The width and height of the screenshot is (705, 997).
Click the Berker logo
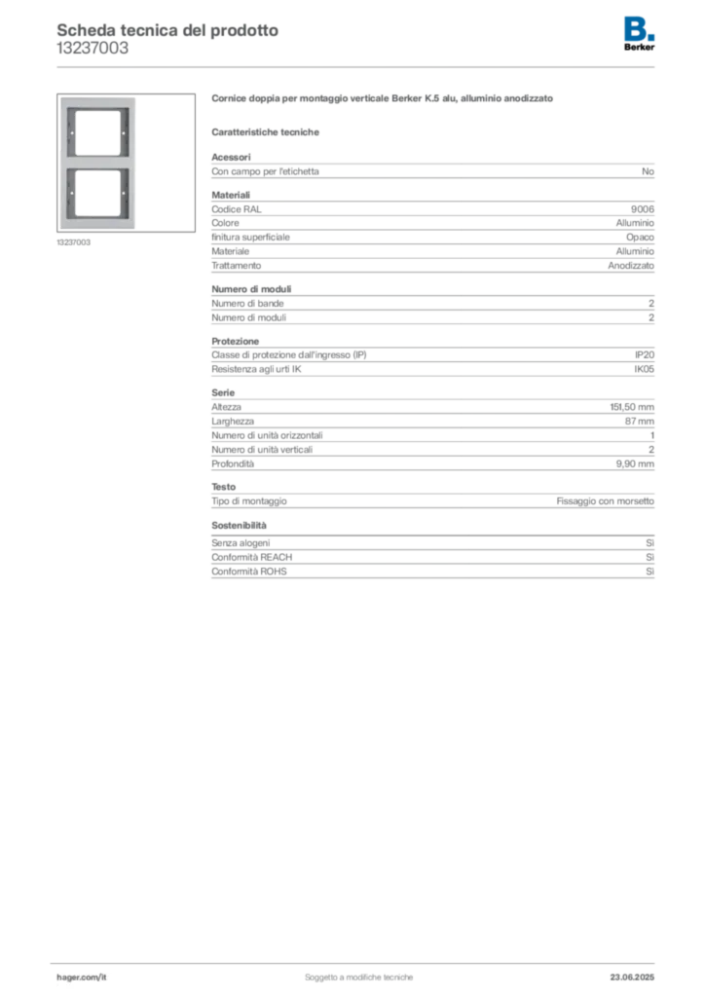[639, 34]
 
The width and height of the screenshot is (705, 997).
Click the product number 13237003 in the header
[93, 49]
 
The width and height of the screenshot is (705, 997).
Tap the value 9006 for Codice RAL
[642, 209]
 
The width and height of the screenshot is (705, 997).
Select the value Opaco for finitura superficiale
[640, 238]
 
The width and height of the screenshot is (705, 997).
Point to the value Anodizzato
[631, 266]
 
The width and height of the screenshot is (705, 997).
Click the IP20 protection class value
[644, 354]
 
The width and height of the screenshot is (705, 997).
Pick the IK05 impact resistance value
[644, 369]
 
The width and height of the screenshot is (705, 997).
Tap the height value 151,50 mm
[632, 407]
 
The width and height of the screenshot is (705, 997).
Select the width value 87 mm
[639, 421]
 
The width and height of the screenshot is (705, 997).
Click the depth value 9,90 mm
[635, 464]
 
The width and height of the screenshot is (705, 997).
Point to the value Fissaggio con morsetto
[606, 501]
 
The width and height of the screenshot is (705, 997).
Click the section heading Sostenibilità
[239, 525]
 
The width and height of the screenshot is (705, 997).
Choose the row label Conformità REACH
[252, 557]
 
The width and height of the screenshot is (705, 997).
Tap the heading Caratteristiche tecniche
[265, 132]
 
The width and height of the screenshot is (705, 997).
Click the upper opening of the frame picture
[97, 132]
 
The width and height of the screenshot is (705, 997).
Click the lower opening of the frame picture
[97, 193]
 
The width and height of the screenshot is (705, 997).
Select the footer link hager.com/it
[82, 978]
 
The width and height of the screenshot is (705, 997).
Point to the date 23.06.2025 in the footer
[632, 978]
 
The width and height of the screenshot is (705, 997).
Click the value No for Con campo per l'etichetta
[648, 171]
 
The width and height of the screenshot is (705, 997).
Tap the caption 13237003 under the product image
[74, 242]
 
